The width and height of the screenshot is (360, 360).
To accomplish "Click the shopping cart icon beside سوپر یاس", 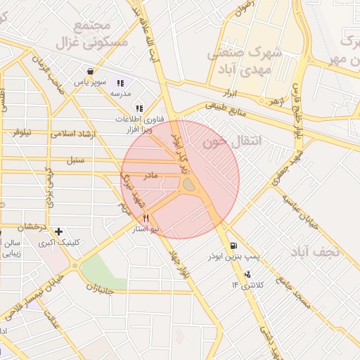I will click(91, 71).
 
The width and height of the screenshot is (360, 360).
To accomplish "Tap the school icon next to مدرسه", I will click(120, 83).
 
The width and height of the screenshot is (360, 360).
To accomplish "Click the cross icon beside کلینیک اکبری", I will click(58, 231).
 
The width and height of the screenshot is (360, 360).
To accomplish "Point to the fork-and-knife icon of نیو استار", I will click(146, 219).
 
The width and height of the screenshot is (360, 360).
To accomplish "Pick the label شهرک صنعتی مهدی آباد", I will click(245, 60).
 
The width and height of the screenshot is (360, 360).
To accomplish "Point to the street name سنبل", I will click(75, 160).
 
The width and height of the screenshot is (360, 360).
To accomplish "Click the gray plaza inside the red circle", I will click(189, 185).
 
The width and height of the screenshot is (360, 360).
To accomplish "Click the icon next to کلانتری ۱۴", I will click(235, 284).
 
